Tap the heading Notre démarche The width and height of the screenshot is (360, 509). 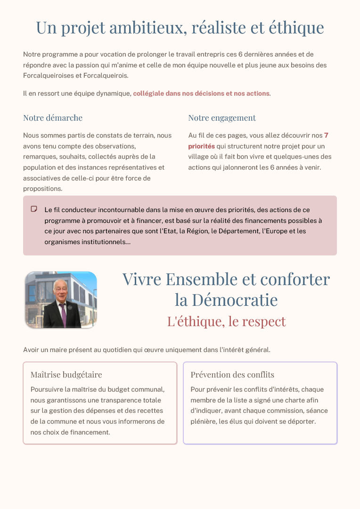[53, 118]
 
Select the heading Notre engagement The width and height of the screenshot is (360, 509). [222, 118]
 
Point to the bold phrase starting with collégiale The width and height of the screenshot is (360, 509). [201, 93]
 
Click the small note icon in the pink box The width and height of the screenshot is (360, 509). [34, 209]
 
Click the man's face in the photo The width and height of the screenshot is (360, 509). [60, 293]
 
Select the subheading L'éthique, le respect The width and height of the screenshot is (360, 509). [226, 321]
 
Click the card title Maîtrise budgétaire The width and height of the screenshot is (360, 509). [66, 375]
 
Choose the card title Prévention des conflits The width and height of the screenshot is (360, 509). [232, 375]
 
